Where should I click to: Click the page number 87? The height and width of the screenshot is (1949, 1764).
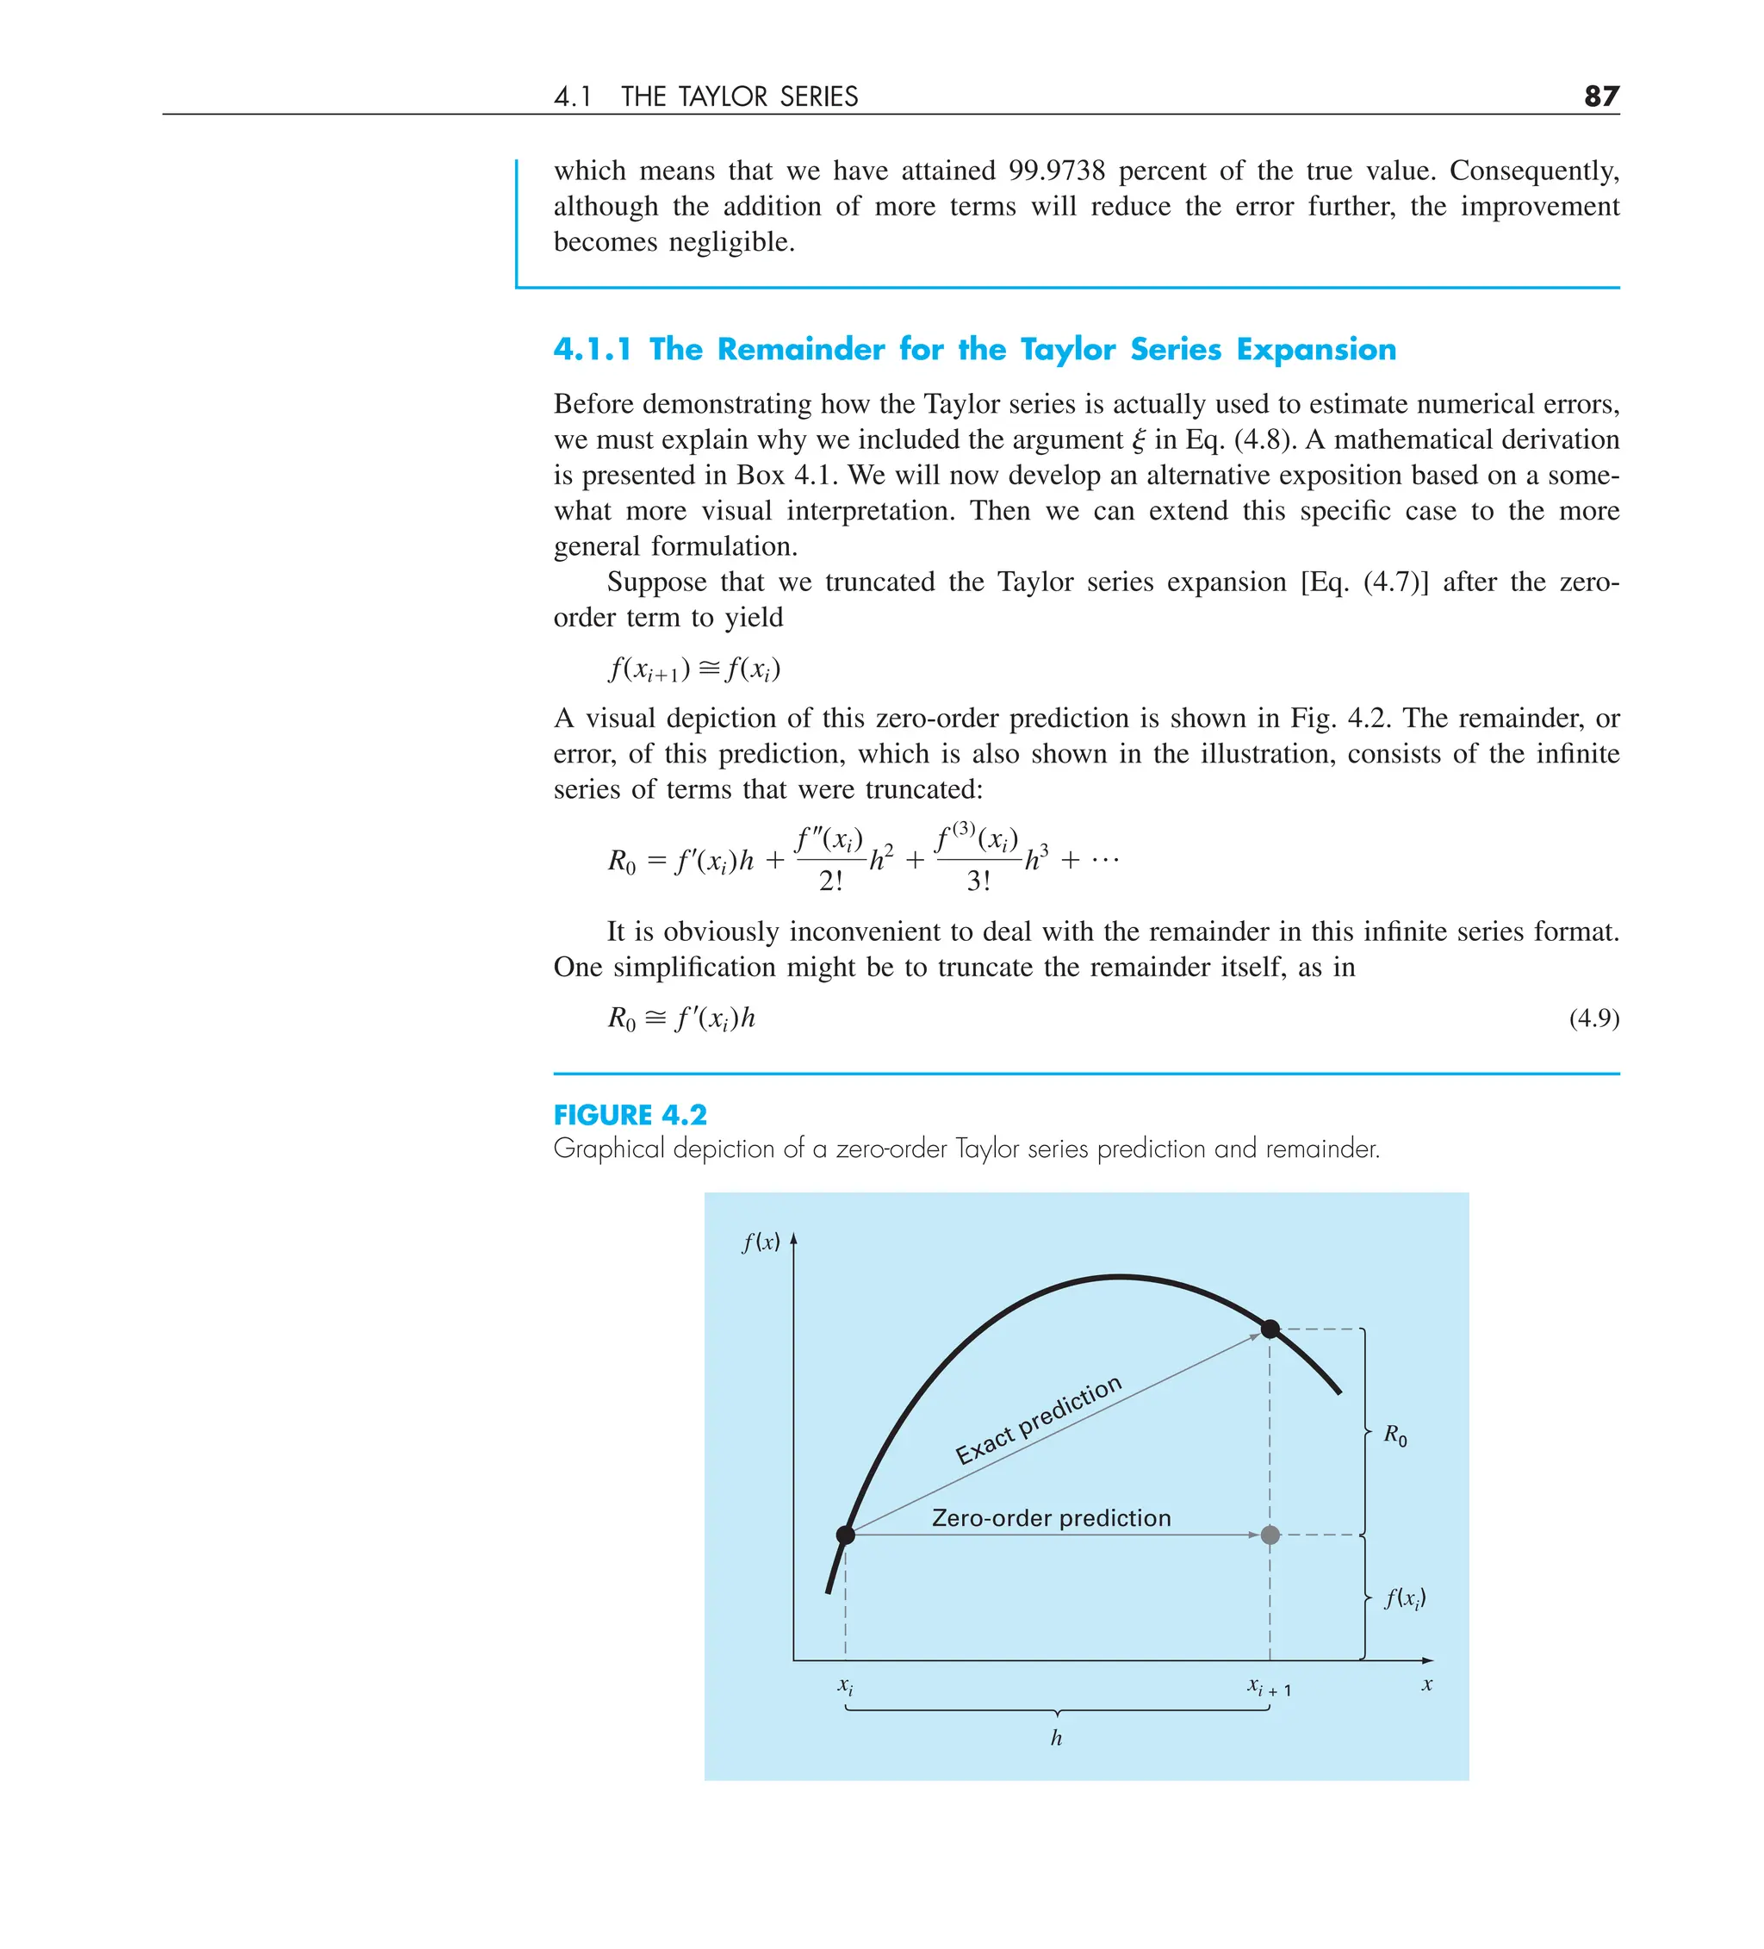tap(1600, 96)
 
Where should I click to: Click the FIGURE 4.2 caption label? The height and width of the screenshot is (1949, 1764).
tap(630, 1115)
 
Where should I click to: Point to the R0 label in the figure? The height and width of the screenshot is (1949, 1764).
tap(1394, 1435)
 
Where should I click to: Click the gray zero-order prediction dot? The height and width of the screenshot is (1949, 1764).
tap(1270, 1535)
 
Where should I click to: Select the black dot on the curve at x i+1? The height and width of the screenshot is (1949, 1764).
tap(1270, 1329)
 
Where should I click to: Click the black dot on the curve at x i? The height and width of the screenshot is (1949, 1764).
tap(846, 1535)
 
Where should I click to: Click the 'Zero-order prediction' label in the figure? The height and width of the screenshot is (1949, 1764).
tap(1051, 1518)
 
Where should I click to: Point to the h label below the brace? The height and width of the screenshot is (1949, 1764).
tap(1057, 1738)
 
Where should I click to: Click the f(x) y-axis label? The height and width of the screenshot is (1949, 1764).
tap(761, 1242)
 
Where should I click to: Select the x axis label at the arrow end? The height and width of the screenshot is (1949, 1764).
tap(1426, 1685)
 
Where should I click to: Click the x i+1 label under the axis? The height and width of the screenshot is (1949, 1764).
tap(1268, 1687)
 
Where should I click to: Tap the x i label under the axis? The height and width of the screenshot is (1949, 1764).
tap(845, 1686)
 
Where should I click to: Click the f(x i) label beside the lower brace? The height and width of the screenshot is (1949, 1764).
tap(1405, 1598)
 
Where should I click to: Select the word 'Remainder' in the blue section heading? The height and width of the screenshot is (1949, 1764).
tap(800, 349)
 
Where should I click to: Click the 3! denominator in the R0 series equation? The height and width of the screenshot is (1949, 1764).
tap(978, 881)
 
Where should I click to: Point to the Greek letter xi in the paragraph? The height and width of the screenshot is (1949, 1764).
tap(1139, 441)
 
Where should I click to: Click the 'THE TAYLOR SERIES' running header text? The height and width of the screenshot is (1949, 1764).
tap(739, 97)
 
